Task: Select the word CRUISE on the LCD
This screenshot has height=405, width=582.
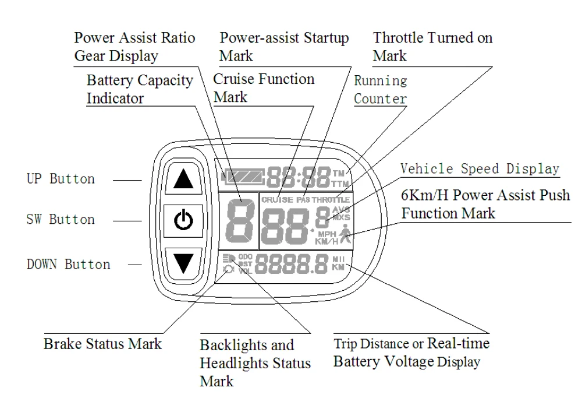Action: coord(277,200)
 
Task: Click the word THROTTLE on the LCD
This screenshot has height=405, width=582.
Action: coord(332,200)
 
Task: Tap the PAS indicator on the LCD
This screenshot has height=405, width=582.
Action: coord(303,200)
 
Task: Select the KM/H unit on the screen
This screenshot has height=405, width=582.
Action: coord(327,241)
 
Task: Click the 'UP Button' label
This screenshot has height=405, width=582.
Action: coord(61,179)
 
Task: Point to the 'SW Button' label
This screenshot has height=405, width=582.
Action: coord(61,220)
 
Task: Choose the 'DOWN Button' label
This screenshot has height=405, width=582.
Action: coord(68,264)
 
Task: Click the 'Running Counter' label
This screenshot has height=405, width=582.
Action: coord(381,90)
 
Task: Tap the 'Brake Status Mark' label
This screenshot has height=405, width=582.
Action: coord(102,343)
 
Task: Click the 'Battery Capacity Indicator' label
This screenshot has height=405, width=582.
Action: coord(140,89)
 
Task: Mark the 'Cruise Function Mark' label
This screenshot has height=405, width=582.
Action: coord(264,87)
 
